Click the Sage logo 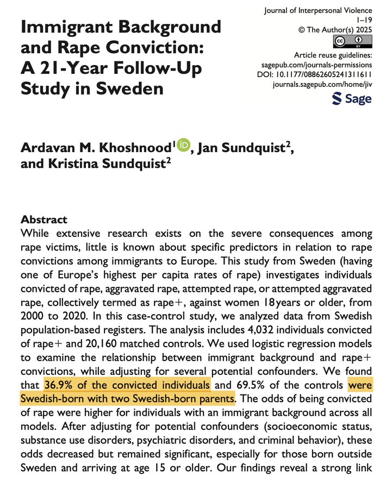pos(352,98)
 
